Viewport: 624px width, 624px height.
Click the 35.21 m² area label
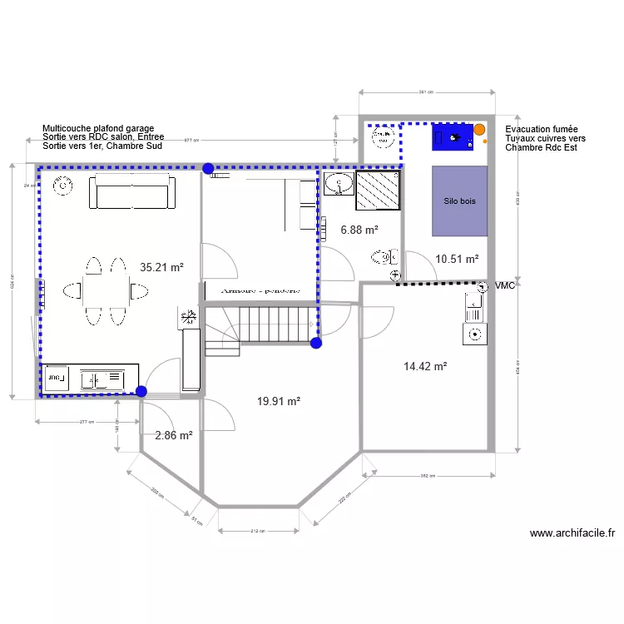click(161, 268)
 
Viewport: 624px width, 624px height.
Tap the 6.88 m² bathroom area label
click(359, 230)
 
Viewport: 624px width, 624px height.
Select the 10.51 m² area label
click(457, 260)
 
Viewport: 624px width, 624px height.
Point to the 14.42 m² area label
click(425, 366)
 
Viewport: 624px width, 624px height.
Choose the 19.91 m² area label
click(279, 401)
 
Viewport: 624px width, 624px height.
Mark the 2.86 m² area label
click(174, 435)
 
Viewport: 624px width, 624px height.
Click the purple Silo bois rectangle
click(459, 201)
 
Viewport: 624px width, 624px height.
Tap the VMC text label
click(505, 286)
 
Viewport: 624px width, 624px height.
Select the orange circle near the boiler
click(479, 130)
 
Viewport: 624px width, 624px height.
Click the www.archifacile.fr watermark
click(572, 533)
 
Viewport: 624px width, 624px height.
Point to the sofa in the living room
click(133, 194)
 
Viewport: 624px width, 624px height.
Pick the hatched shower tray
click(379, 191)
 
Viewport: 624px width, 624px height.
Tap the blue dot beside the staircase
click(315, 342)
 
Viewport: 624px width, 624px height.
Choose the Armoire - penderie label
click(260, 291)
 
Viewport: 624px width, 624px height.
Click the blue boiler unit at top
click(453, 136)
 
